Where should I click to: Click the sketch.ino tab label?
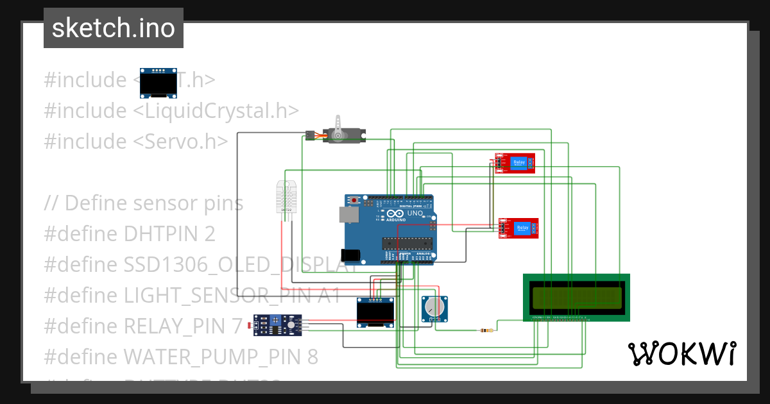pos(114,28)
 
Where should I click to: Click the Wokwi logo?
pos(681,353)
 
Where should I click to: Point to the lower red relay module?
pos(519,228)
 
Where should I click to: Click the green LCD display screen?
pos(576,297)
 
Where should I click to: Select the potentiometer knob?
pos(434,308)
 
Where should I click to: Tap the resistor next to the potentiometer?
pos(488,331)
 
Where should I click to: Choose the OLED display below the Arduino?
pos(375,313)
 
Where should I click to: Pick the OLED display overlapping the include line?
pos(158,83)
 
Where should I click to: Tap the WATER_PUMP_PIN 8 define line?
pos(180,356)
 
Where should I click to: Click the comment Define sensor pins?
pos(144,203)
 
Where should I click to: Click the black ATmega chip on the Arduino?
pos(407,243)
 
